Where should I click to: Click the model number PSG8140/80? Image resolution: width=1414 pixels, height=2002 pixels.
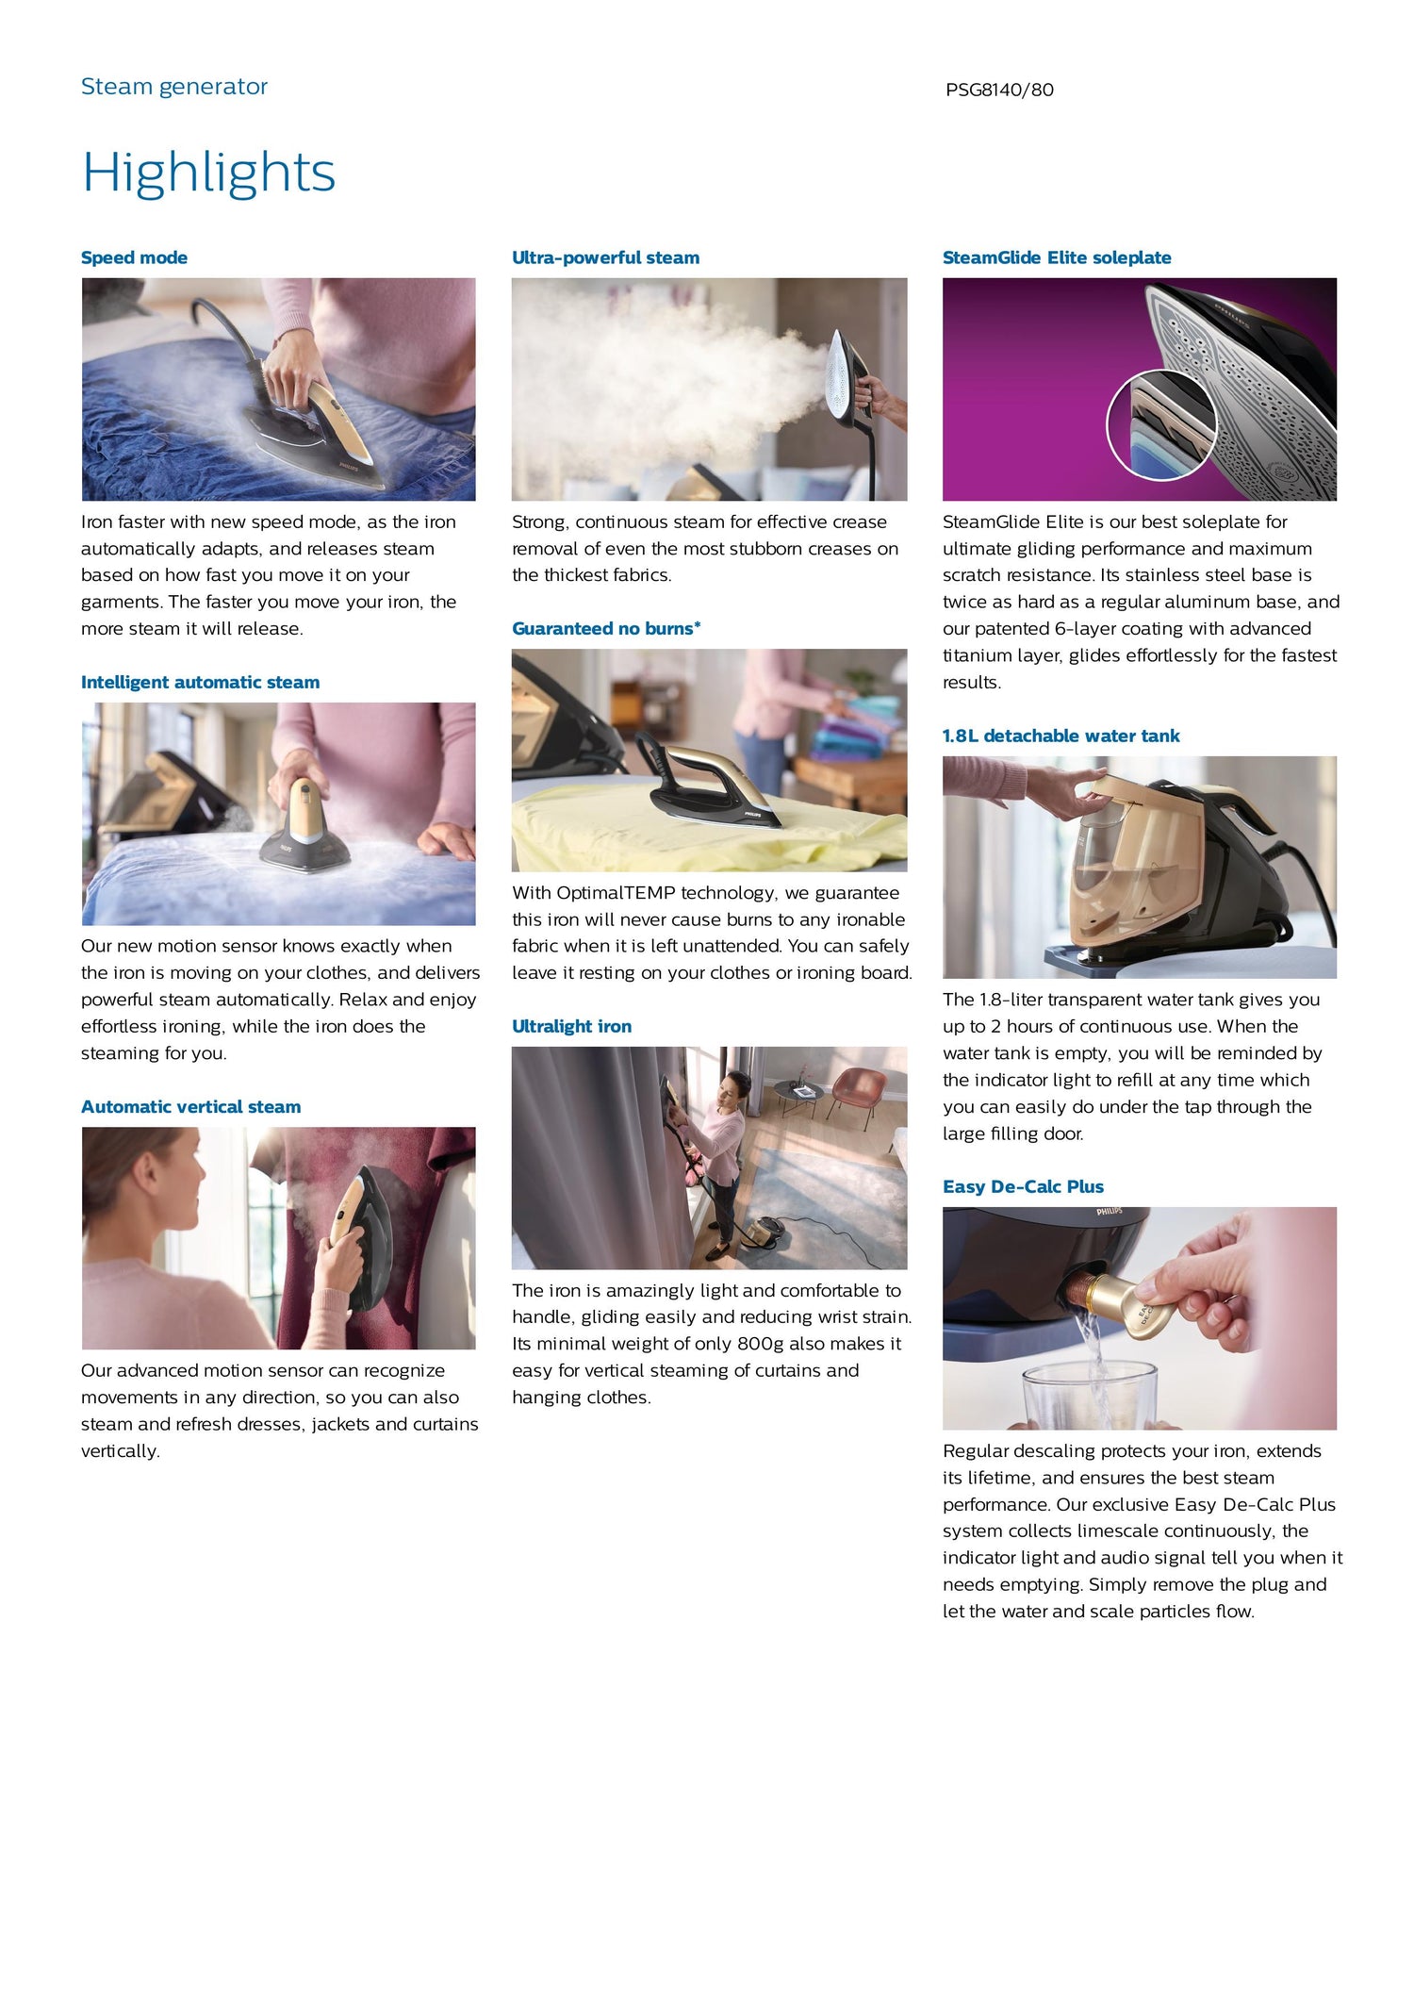click(999, 91)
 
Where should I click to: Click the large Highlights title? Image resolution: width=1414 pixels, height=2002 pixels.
click(208, 174)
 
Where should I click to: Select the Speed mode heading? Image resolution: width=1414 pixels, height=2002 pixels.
click(134, 257)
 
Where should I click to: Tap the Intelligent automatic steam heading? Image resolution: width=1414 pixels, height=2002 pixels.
click(200, 682)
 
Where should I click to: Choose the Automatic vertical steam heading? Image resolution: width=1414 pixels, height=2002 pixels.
click(190, 1106)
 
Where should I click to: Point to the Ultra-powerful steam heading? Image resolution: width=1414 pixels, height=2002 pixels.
click(605, 257)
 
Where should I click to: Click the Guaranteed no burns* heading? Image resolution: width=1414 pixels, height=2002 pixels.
click(606, 628)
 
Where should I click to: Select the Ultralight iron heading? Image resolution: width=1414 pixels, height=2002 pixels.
click(571, 1026)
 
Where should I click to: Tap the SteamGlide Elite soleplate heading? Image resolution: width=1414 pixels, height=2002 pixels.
click(1057, 257)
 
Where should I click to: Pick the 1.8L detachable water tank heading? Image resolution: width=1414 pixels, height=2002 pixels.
click(1060, 736)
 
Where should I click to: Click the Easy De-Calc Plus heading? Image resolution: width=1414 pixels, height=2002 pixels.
click(1023, 1186)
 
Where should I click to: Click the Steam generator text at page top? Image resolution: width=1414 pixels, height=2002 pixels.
click(174, 87)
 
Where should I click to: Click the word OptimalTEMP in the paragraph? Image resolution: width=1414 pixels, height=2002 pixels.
click(616, 893)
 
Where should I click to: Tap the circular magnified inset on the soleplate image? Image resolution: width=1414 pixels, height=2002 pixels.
click(1161, 426)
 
